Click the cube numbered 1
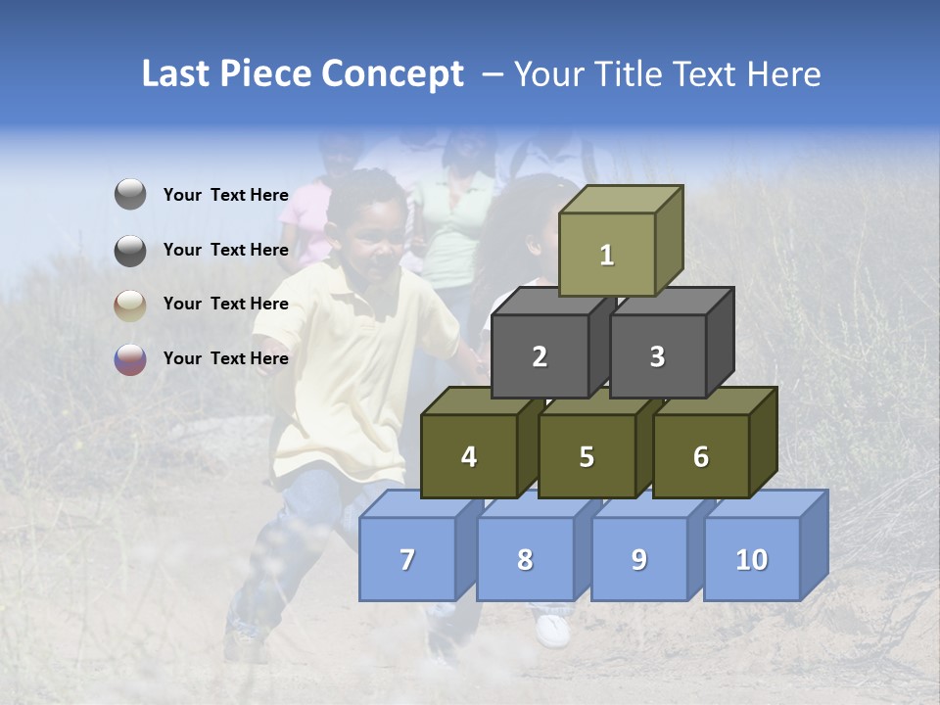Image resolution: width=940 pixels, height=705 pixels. click(607, 255)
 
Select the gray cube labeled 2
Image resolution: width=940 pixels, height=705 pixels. click(540, 356)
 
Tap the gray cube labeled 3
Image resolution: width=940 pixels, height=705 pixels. click(657, 356)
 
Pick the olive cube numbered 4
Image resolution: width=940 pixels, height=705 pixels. click(469, 456)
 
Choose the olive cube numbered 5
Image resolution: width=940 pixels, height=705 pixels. click(587, 456)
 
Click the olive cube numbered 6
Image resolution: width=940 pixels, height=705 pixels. click(701, 456)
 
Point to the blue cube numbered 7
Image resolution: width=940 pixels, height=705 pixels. click(407, 559)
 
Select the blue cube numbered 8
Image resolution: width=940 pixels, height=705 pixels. click(525, 559)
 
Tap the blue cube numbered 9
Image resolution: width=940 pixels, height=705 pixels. click(639, 559)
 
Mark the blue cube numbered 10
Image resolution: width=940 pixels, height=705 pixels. click(752, 559)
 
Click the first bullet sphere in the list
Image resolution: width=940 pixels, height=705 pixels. click(130, 195)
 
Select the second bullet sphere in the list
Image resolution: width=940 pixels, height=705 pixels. click(130, 250)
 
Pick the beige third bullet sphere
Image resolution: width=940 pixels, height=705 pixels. click(130, 305)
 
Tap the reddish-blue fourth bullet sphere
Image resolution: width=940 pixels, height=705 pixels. click(130, 358)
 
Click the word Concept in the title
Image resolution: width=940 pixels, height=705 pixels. click(392, 74)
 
